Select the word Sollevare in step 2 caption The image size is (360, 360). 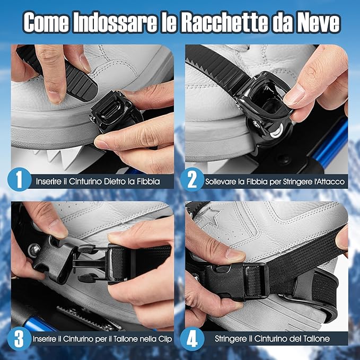coord(220,181)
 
